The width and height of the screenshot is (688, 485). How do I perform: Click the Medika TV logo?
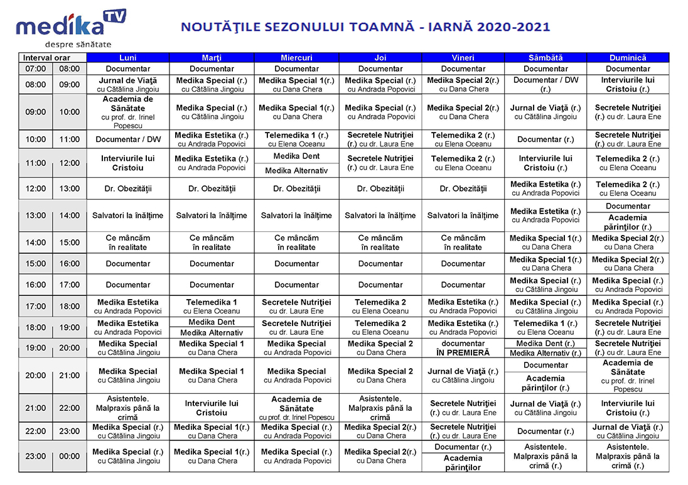(x=70, y=28)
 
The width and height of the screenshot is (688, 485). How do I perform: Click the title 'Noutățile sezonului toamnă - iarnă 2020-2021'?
(x=365, y=27)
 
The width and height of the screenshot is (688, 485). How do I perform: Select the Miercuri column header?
(x=297, y=58)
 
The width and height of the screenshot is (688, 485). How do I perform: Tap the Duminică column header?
(x=628, y=58)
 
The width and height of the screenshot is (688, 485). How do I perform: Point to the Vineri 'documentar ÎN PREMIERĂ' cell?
(x=463, y=348)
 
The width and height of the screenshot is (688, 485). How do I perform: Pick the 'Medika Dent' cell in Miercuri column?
(x=297, y=156)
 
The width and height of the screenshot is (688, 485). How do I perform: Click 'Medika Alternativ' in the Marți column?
(x=212, y=332)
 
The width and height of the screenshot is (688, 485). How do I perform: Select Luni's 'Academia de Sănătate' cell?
(x=127, y=112)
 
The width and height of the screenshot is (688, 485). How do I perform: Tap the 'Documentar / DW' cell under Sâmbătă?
(x=546, y=84)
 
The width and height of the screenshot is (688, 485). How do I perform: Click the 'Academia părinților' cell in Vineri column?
(x=463, y=463)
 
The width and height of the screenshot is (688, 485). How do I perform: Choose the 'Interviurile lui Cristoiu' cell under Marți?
(x=212, y=408)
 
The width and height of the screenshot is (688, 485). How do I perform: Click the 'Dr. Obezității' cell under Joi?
(x=380, y=188)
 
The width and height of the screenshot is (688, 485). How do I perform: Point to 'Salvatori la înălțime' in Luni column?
(x=127, y=215)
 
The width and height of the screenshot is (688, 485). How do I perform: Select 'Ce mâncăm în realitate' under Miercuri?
(x=297, y=242)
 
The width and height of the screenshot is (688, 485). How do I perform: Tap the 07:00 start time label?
(x=36, y=69)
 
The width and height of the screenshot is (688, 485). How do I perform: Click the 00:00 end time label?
(x=69, y=456)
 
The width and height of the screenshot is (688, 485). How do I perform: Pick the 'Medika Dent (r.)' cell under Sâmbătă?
(x=546, y=344)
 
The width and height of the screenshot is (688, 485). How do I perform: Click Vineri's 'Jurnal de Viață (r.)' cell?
(x=463, y=376)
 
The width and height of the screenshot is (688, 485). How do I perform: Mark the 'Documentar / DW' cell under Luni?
(x=127, y=139)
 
